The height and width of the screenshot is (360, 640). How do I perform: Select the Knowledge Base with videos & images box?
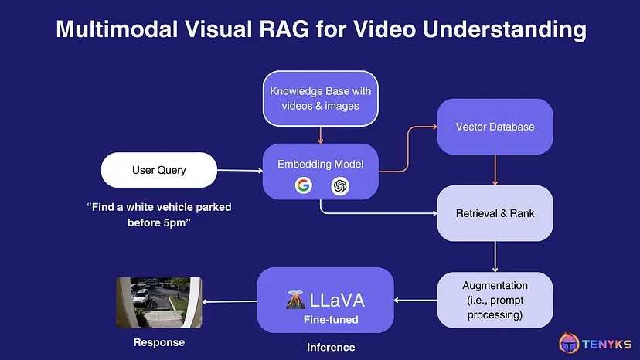[x=320, y=97]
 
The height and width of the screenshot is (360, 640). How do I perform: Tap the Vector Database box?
[x=495, y=127]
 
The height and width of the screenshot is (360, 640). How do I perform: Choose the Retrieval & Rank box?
[x=495, y=213]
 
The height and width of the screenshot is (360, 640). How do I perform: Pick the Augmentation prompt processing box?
[x=495, y=301]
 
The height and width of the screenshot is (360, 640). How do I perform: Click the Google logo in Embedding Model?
[x=302, y=185]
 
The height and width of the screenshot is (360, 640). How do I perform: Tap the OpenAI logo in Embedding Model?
[x=339, y=186]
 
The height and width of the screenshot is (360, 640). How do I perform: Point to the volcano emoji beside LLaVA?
[x=295, y=298]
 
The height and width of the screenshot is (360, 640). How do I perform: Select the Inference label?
[x=331, y=348]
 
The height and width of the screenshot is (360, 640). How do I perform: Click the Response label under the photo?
[x=159, y=342]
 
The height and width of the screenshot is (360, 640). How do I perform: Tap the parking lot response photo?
[x=158, y=302]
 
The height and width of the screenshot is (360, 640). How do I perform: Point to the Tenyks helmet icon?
[x=571, y=344]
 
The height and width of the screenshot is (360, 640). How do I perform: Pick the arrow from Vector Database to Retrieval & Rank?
[x=495, y=169]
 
